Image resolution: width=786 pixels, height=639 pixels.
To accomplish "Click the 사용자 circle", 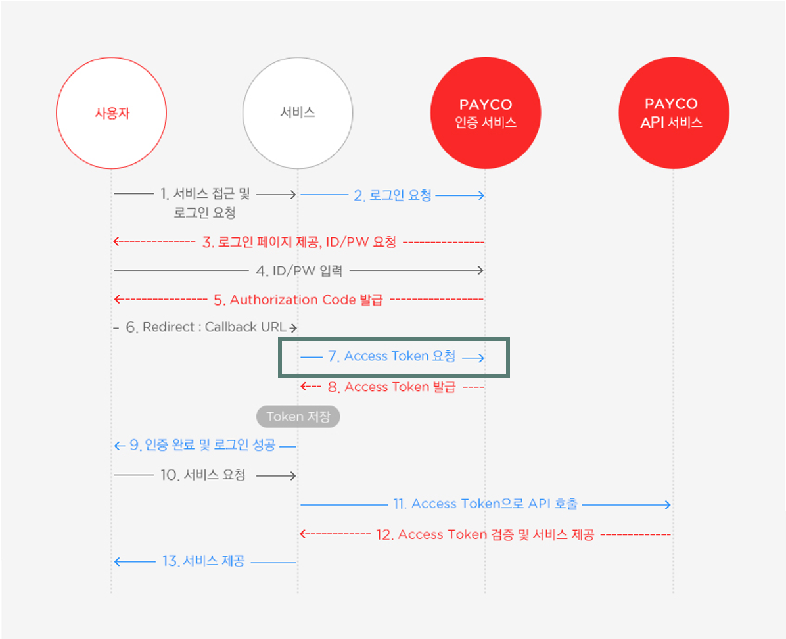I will [x=111, y=113].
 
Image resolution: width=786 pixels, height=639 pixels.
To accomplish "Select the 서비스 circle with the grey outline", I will [x=298, y=113].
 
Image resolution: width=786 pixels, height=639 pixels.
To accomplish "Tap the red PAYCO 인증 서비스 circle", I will [x=486, y=113].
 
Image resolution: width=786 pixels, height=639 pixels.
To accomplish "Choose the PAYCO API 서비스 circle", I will [x=674, y=113].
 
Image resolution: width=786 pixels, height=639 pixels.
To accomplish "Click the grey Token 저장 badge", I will [x=298, y=417].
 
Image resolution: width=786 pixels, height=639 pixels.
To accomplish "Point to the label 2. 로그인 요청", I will [x=392, y=195].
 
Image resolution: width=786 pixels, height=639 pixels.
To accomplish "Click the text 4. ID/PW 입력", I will [x=299, y=270].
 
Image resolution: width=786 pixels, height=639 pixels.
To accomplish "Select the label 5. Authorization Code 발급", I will [x=306, y=300].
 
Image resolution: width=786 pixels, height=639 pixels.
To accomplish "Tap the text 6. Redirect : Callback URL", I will [x=206, y=327].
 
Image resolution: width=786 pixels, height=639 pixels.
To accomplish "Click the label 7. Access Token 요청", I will [x=392, y=356].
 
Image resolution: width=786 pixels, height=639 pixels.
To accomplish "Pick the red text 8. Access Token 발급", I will [x=392, y=387].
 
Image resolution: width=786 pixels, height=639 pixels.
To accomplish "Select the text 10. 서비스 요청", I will [x=203, y=475].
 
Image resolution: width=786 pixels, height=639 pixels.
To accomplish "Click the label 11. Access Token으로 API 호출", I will [x=486, y=504].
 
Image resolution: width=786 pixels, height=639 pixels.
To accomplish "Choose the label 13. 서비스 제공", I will [x=203, y=561].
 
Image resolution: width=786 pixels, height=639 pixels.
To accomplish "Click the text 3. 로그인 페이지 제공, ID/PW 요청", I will [x=299, y=242].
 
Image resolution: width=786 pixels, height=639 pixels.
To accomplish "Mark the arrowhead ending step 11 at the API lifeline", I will [x=667, y=504].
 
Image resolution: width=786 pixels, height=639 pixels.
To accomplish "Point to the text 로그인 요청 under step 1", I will [x=205, y=213].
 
